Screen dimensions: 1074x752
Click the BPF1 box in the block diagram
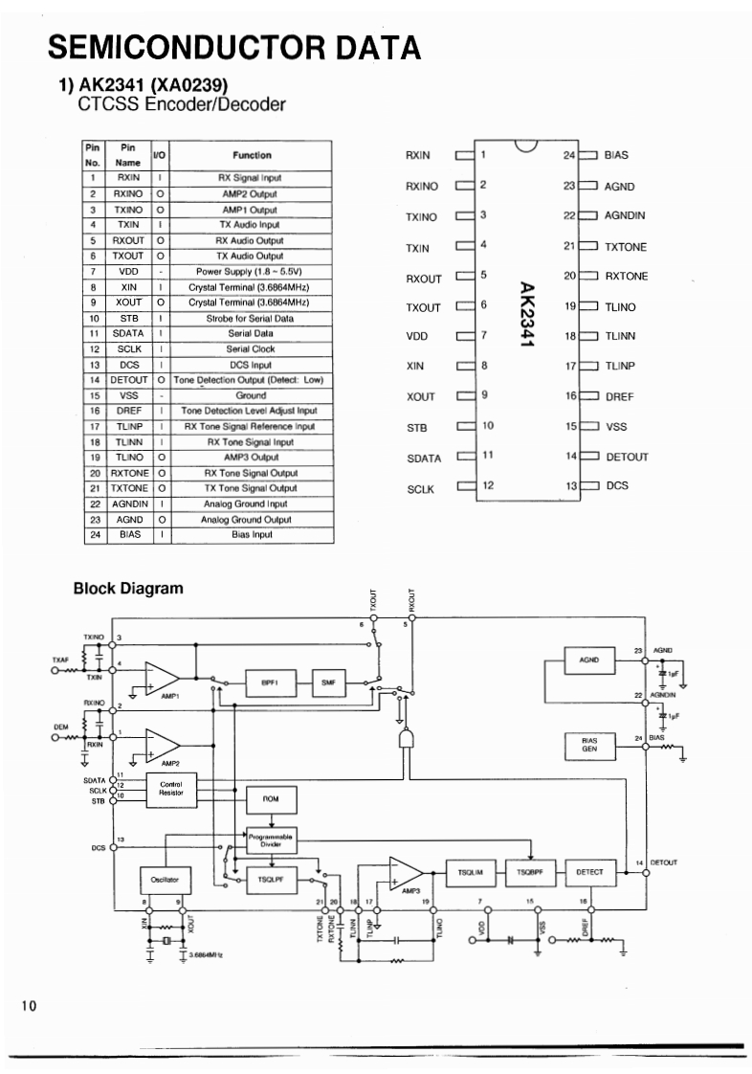click(269, 682)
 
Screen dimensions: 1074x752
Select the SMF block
click(328, 682)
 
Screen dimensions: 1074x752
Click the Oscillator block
click(165, 878)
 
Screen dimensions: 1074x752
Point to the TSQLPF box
click(269, 878)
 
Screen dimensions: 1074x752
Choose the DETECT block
click(589, 872)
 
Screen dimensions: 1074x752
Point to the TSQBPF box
click(531, 872)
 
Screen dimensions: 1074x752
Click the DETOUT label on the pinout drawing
click(627, 457)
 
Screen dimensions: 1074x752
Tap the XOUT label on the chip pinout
click(420, 397)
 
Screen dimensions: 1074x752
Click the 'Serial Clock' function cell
click(251, 348)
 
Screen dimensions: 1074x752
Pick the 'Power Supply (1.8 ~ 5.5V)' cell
click(251, 271)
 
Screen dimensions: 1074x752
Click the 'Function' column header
click(251, 155)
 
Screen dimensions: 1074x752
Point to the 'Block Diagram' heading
click(127, 589)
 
